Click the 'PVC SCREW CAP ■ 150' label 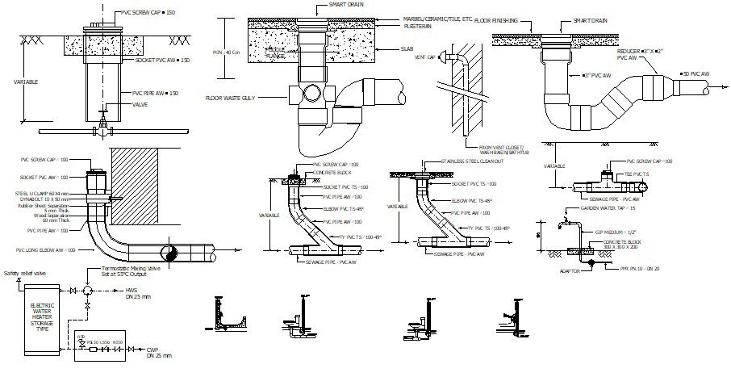[x=149, y=15]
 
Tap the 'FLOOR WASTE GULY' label [x=232, y=98]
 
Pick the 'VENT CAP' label [x=426, y=58]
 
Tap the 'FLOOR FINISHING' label [x=498, y=19]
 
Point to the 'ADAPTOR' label [x=571, y=271]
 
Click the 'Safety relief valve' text [x=26, y=274]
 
